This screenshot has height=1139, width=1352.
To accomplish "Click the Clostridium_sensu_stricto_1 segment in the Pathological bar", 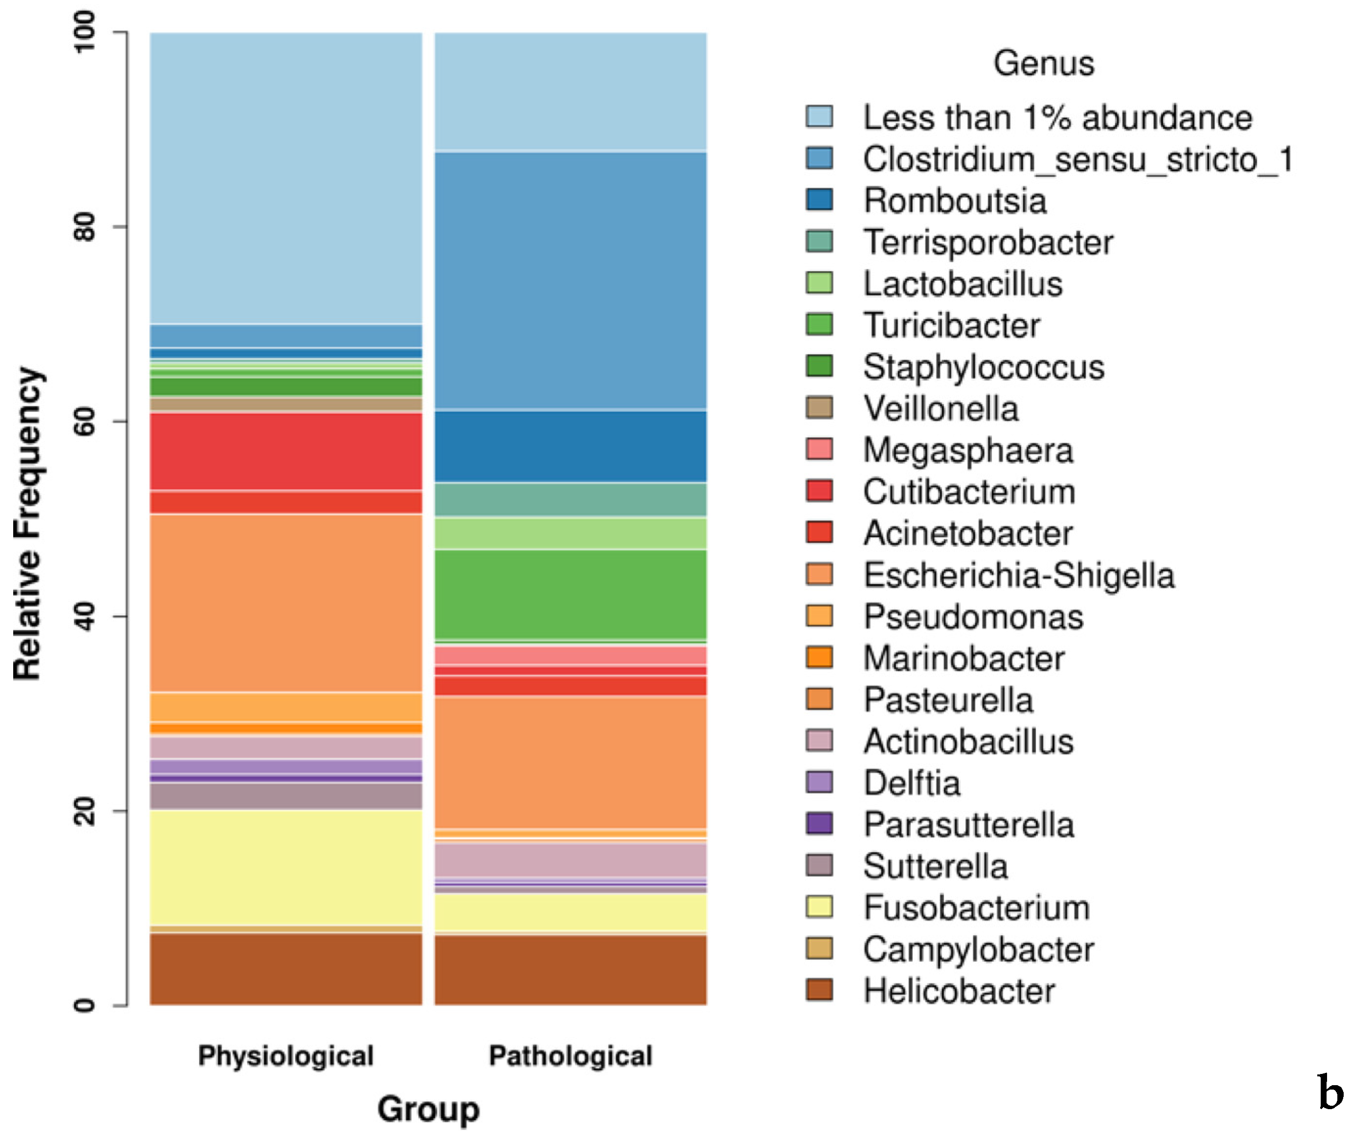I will (570, 281).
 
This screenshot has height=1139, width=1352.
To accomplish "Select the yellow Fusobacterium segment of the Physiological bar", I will (286, 867).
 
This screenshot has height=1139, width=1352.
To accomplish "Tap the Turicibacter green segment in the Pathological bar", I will (570, 594).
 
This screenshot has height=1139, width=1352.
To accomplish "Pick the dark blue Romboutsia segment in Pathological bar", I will (570, 446).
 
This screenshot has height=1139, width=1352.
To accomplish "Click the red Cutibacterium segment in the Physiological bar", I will (286, 451).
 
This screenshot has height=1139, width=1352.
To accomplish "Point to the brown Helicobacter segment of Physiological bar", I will (286, 969).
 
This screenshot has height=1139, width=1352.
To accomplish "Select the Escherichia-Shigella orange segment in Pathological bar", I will (570, 762).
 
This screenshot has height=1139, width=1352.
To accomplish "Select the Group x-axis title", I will (428, 1109).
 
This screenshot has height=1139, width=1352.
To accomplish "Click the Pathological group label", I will (570, 1056).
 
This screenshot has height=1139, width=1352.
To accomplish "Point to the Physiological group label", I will (286, 1056).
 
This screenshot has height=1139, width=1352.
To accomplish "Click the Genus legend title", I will (1043, 63).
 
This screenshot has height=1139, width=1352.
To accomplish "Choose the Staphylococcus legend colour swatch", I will (819, 366).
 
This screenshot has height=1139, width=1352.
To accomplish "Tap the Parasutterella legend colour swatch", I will (819, 824).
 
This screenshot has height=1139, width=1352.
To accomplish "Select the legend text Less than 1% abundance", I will (1058, 117).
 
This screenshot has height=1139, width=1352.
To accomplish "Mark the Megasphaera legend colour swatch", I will (819, 450).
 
